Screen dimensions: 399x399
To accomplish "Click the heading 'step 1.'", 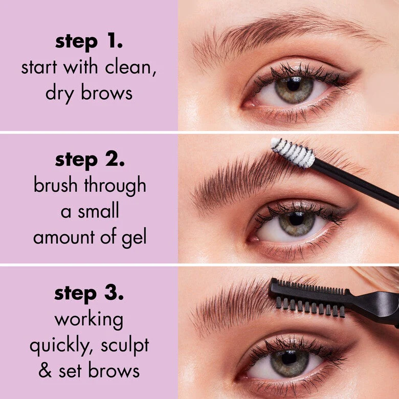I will click(89, 42).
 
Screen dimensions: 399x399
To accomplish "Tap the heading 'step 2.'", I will click(90, 160).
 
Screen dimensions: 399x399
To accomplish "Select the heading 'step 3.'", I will click(89, 295).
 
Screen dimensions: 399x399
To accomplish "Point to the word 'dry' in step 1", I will click(61, 94).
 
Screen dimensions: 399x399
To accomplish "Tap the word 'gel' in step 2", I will click(135, 238).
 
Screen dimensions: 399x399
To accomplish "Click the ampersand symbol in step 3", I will click(46, 371).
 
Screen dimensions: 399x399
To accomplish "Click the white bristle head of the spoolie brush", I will click(293, 152).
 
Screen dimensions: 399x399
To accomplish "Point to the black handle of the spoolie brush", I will click(358, 182).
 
